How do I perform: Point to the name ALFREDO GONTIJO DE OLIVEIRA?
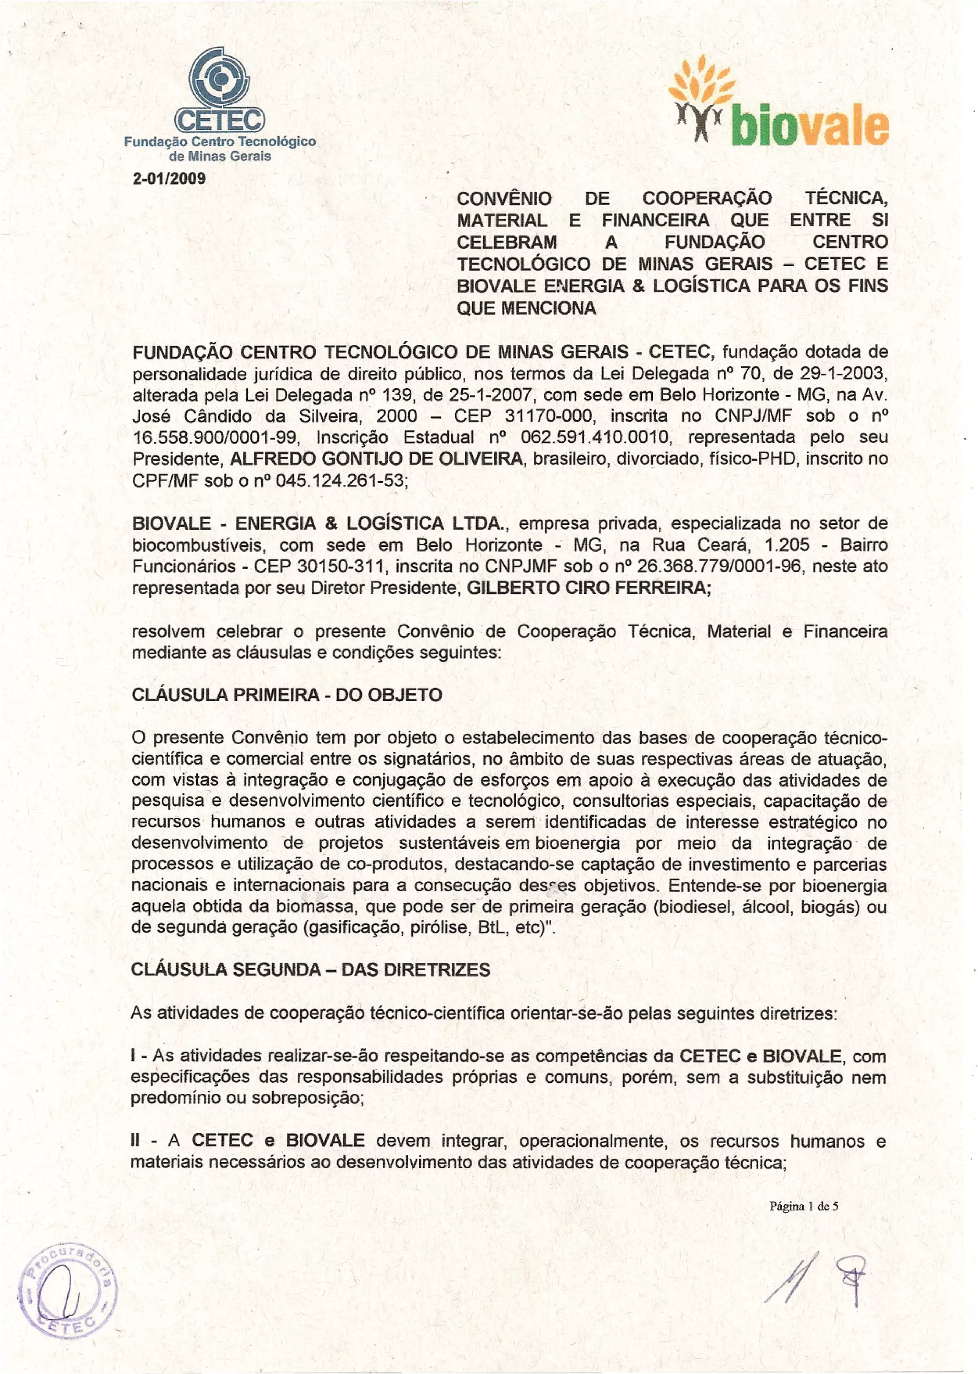[376, 459]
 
